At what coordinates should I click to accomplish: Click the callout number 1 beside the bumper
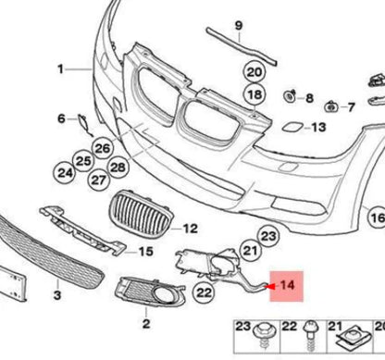pyautogui.click(x=61, y=68)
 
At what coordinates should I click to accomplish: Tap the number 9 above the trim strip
pyautogui.click(x=238, y=24)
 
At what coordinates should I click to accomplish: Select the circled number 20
pyautogui.click(x=254, y=71)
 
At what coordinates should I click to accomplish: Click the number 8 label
pyautogui.click(x=310, y=97)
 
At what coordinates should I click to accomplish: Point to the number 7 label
pyautogui.click(x=352, y=106)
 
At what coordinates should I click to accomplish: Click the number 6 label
pyautogui.click(x=61, y=118)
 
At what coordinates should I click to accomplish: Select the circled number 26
pyautogui.click(x=102, y=147)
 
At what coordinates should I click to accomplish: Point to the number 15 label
pyautogui.click(x=145, y=251)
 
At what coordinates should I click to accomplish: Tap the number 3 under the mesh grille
pyautogui.click(x=57, y=295)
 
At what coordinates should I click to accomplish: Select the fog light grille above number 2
pyautogui.click(x=143, y=299)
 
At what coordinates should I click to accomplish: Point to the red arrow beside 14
pyautogui.click(x=268, y=286)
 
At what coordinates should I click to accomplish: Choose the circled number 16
pyautogui.click(x=378, y=217)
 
